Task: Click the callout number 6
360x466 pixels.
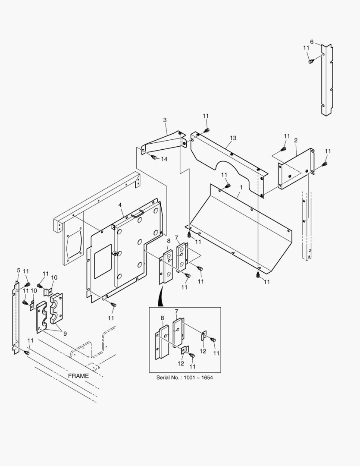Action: tap(312, 42)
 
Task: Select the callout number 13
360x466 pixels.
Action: tap(233, 138)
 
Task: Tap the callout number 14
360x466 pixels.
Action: tap(164, 159)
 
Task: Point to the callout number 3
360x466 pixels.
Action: tap(164, 120)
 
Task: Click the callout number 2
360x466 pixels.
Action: tap(296, 140)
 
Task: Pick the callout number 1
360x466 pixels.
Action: tap(241, 187)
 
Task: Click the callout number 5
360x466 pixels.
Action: tap(19, 271)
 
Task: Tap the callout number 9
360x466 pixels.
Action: tap(65, 333)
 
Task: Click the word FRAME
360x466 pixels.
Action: tap(78, 376)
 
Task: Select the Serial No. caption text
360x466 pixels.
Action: tap(185, 378)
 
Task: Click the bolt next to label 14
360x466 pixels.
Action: tap(154, 157)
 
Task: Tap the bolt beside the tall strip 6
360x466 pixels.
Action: tap(311, 62)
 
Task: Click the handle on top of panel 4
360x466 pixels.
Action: tap(137, 213)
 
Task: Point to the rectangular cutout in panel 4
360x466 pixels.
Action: tap(103, 261)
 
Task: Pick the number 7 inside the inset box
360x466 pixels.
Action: tap(176, 311)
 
